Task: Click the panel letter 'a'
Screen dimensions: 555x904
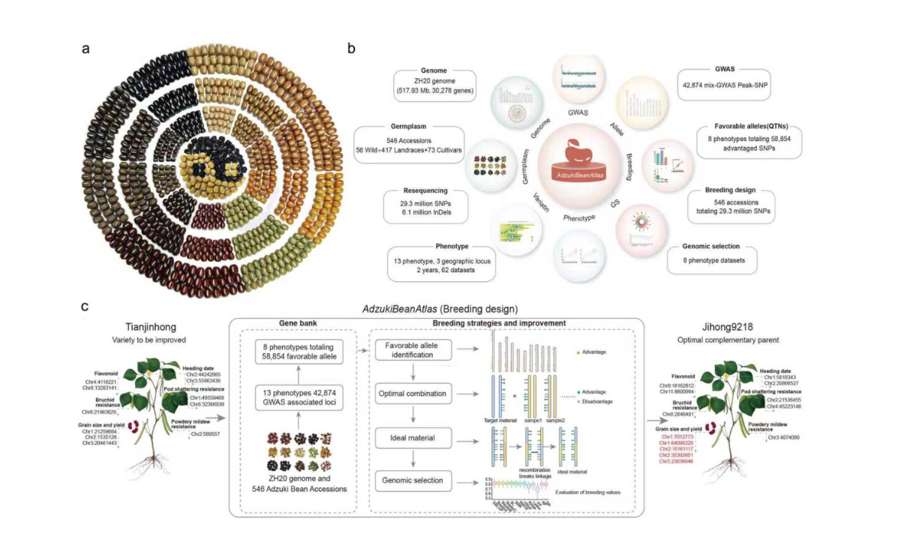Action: pos(87,49)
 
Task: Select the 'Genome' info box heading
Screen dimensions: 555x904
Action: pos(434,72)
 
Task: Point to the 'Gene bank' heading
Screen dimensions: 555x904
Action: pos(299,322)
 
